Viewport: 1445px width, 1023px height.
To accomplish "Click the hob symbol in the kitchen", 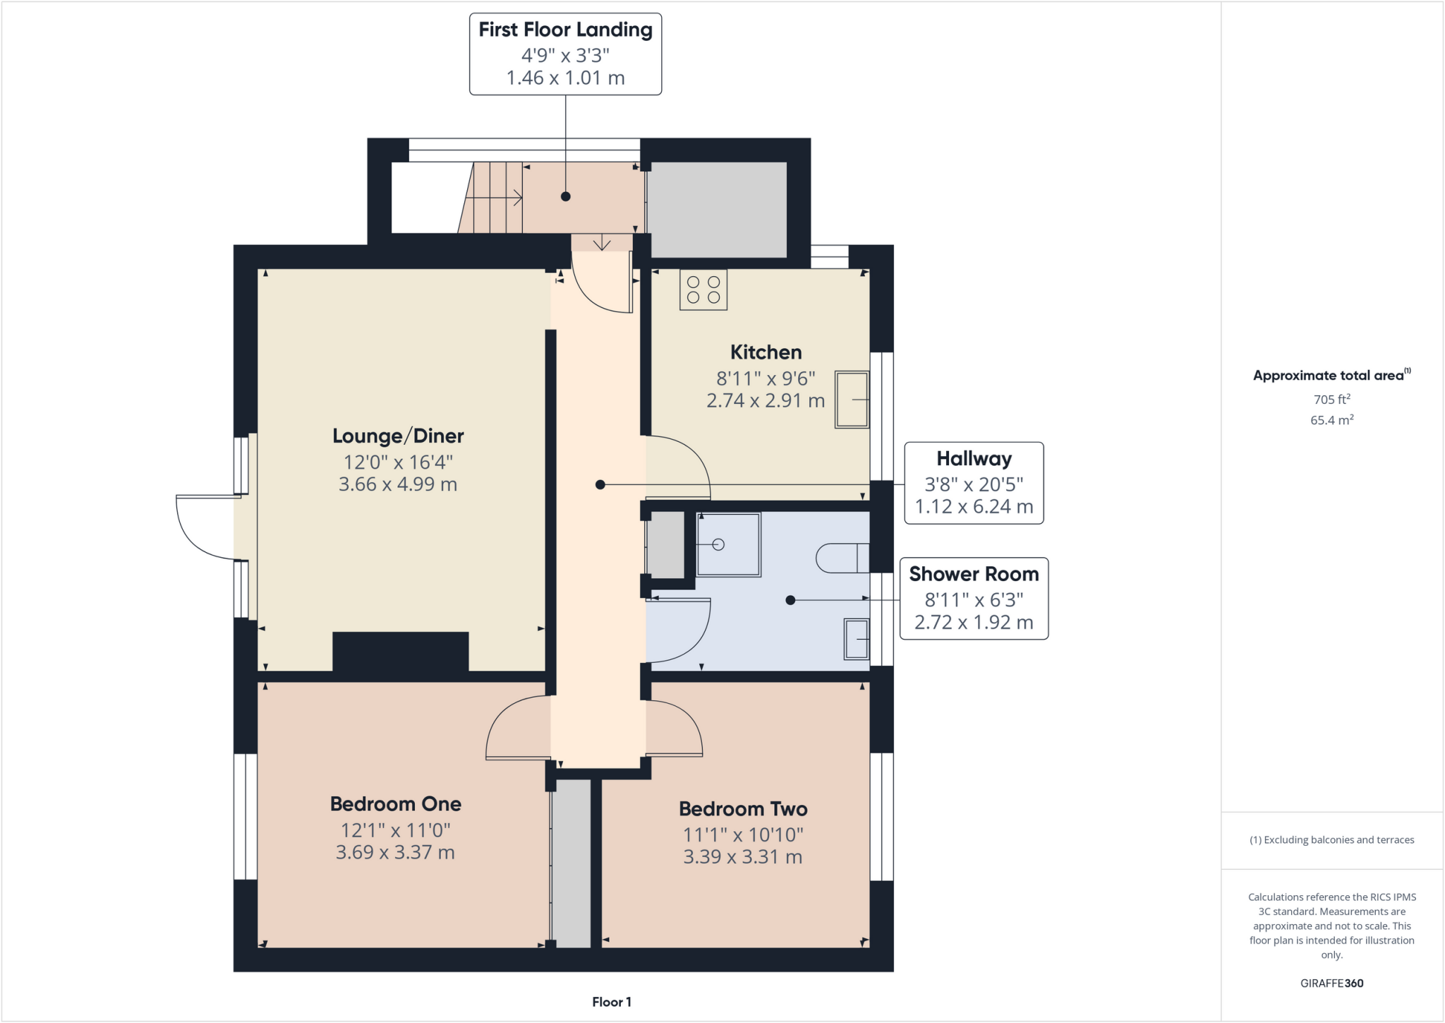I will point(703,289).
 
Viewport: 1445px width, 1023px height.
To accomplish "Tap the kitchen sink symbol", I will point(852,400).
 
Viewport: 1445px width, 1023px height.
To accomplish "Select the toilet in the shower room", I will point(842,558).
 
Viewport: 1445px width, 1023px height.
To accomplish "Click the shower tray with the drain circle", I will point(728,544).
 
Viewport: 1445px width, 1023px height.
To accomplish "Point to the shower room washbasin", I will point(857,639).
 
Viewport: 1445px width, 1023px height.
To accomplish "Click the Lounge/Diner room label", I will point(398,436).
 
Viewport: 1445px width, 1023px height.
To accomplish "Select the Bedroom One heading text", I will point(395,804).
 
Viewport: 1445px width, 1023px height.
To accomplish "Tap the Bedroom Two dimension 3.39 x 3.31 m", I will point(742,857).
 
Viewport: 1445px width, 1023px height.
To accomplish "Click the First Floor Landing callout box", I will point(565,54).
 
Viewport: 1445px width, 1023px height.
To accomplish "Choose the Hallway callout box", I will point(974,483).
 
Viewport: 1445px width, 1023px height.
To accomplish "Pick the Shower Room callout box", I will point(974,599).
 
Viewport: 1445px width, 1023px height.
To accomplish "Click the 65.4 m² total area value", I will point(1331,420).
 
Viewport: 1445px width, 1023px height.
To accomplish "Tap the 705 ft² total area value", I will point(1331,399).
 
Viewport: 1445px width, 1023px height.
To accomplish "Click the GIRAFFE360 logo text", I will point(1331,983).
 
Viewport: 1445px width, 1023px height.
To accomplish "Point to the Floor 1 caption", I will point(611,1002).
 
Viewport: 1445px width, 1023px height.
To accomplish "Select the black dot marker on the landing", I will point(565,197).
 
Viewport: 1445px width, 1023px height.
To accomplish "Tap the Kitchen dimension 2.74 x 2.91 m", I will point(765,401).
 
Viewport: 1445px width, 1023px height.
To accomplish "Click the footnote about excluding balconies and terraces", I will point(1331,840).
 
